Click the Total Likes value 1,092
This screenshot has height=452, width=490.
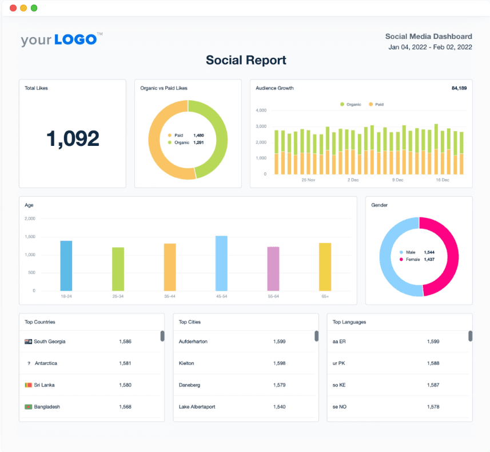(x=73, y=138)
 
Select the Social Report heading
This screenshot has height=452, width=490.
(x=246, y=60)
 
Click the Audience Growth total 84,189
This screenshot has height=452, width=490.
(x=459, y=88)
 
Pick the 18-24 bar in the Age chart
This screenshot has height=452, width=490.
(x=66, y=265)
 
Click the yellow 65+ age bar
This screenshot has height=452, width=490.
(x=325, y=267)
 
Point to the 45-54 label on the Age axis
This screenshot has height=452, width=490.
(x=221, y=296)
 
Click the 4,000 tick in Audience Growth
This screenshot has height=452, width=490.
(x=261, y=110)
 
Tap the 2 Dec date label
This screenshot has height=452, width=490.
(x=353, y=180)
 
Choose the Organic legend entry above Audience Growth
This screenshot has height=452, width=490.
(x=350, y=104)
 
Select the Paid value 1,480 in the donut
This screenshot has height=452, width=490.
(x=198, y=135)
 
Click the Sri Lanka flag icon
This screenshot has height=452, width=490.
(x=28, y=385)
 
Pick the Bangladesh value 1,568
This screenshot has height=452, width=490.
(x=125, y=407)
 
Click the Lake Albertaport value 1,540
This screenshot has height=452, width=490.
(x=279, y=407)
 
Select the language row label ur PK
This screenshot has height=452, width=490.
(x=339, y=363)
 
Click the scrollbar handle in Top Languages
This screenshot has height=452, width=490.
(x=470, y=336)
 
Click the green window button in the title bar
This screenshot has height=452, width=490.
(x=34, y=8)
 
